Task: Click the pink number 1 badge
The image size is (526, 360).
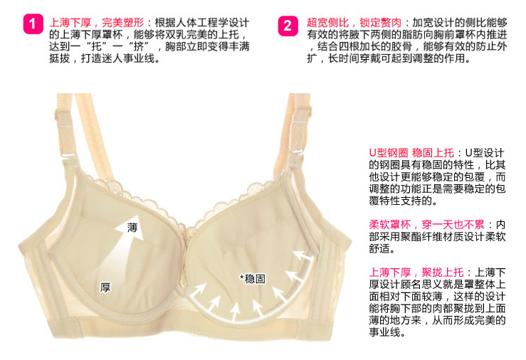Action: [x=33, y=23]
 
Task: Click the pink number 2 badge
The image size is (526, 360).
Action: [x=288, y=26]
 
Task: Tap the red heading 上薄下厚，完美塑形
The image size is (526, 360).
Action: [x=97, y=23]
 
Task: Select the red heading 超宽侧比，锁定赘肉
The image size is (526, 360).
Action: [x=354, y=23]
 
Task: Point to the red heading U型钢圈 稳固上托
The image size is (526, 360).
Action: [x=411, y=153]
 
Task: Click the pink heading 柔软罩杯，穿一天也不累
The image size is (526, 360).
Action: [x=426, y=224]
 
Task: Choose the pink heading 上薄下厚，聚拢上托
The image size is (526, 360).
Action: [x=416, y=272]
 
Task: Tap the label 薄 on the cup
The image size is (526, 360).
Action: [x=132, y=228]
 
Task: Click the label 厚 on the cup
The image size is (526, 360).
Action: [x=105, y=287]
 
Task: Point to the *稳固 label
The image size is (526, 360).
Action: [x=253, y=279]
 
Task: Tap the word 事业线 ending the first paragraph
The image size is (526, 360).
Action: [x=139, y=58]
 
